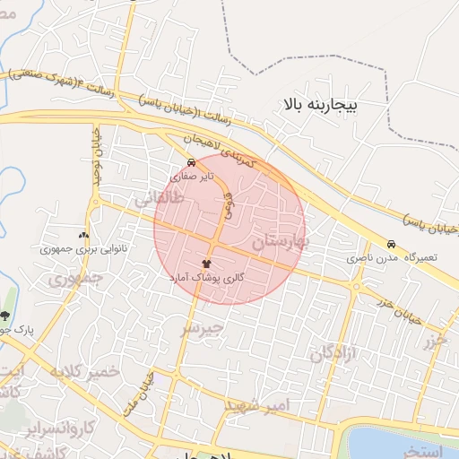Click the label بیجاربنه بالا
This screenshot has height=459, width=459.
tap(320, 106)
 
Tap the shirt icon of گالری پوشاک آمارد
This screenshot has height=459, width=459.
tap(208, 264)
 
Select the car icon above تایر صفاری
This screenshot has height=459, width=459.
tap(191, 163)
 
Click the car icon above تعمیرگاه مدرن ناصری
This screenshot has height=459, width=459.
tap(391, 244)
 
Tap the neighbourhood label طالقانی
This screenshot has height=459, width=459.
tap(160, 203)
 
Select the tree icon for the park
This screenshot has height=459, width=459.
tap(6, 316)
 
